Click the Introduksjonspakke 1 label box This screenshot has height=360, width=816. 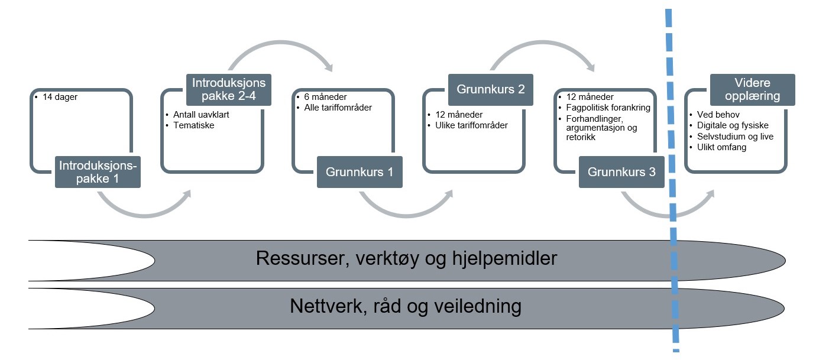pyautogui.click(x=98, y=171)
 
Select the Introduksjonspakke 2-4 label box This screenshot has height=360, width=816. pyautogui.click(x=229, y=89)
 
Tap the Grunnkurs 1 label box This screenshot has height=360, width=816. pyautogui.click(x=360, y=172)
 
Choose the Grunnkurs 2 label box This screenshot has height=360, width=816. pyautogui.click(x=490, y=89)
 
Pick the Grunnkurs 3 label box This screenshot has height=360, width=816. pyautogui.click(x=621, y=172)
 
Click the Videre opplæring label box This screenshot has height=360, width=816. pyautogui.click(x=752, y=89)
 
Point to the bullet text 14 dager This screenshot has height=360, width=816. pyautogui.click(x=61, y=97)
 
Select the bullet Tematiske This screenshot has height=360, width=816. pyautogui.click(x=194, y=125)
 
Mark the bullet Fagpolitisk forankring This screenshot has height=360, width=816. pyautogui.click(x=607, y=108)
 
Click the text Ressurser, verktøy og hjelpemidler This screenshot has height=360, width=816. pyautogui.click(x=406, y=259)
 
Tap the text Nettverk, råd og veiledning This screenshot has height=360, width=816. pyautogui.click(x=406, y=306)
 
